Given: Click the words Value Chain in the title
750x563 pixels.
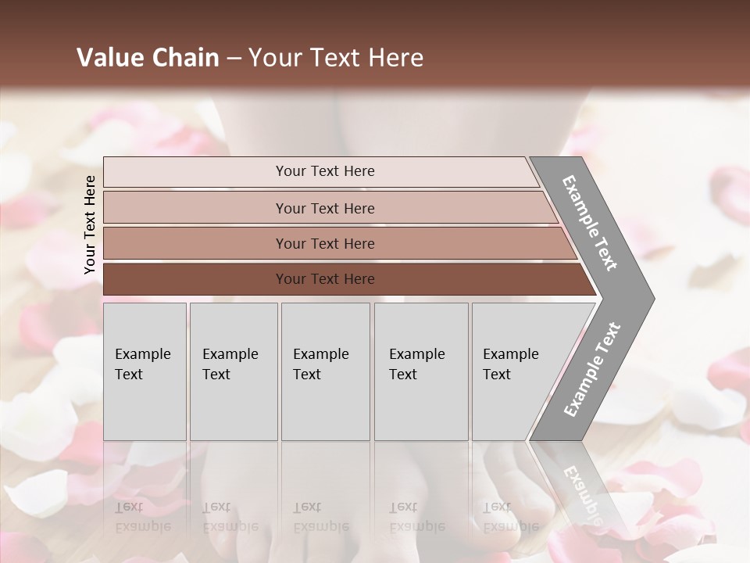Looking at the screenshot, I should (x=148, y=58).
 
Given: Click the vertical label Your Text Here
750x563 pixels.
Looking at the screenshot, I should (x=90, y=224).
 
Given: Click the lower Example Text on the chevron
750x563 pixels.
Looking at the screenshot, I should (x=592, y=369).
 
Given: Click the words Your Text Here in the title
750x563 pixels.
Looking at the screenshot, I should (x=336, y=58).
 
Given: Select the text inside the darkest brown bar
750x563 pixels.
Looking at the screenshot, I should (x=325, y=279).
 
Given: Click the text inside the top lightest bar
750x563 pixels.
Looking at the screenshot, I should (x=325, y=171).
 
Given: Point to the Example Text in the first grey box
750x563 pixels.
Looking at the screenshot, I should (x=142, y=364).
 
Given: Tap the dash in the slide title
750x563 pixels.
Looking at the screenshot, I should (x=234, y=58).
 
